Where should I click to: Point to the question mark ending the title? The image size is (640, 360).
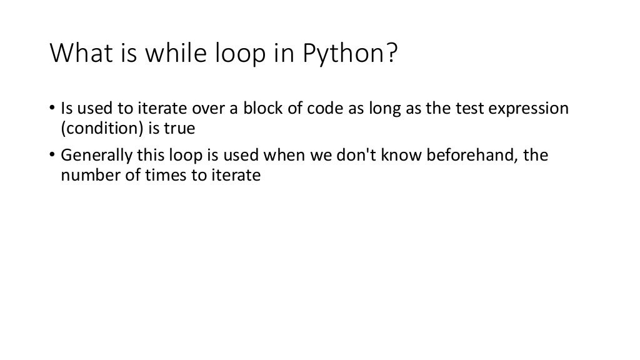(x=391, y=55)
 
